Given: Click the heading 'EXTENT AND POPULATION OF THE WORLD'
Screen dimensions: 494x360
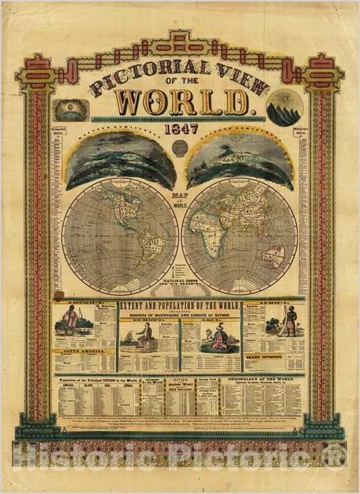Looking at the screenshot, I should click(179, 307).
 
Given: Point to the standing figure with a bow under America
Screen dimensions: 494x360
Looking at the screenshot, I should click(69, 320).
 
